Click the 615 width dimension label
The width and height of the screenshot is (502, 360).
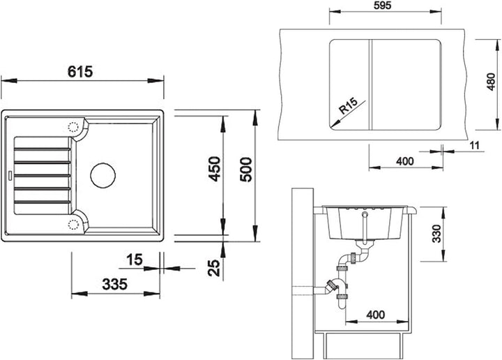click(80, 71)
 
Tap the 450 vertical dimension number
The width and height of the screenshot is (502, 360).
click(214, 169)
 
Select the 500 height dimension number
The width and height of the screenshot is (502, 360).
click(246, 170)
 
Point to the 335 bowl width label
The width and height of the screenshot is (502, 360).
click(114, 284)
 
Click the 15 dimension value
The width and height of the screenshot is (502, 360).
click(135, 260)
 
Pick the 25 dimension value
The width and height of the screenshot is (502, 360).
click(214, 268)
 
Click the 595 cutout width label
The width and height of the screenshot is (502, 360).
click(383, 6)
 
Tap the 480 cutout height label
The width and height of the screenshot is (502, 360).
click(491, 82)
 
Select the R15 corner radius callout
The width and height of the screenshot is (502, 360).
click(348, 106)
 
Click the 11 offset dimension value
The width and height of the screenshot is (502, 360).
click(474, 145)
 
